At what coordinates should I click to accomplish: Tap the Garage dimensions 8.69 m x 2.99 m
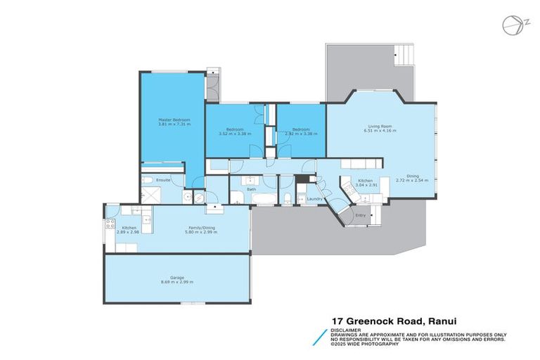click(176, 282)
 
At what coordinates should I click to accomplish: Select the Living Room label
click(378, 127)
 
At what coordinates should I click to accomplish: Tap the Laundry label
click(315, 199)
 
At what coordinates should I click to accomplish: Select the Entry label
click(361, 215)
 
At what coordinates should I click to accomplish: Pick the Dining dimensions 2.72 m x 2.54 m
click(412, 180)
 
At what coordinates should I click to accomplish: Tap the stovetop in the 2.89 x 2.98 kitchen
click(110, 225)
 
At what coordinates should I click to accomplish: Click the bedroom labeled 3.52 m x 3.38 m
click(231, 133)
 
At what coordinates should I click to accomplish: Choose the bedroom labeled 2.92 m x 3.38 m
click(301, 133)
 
